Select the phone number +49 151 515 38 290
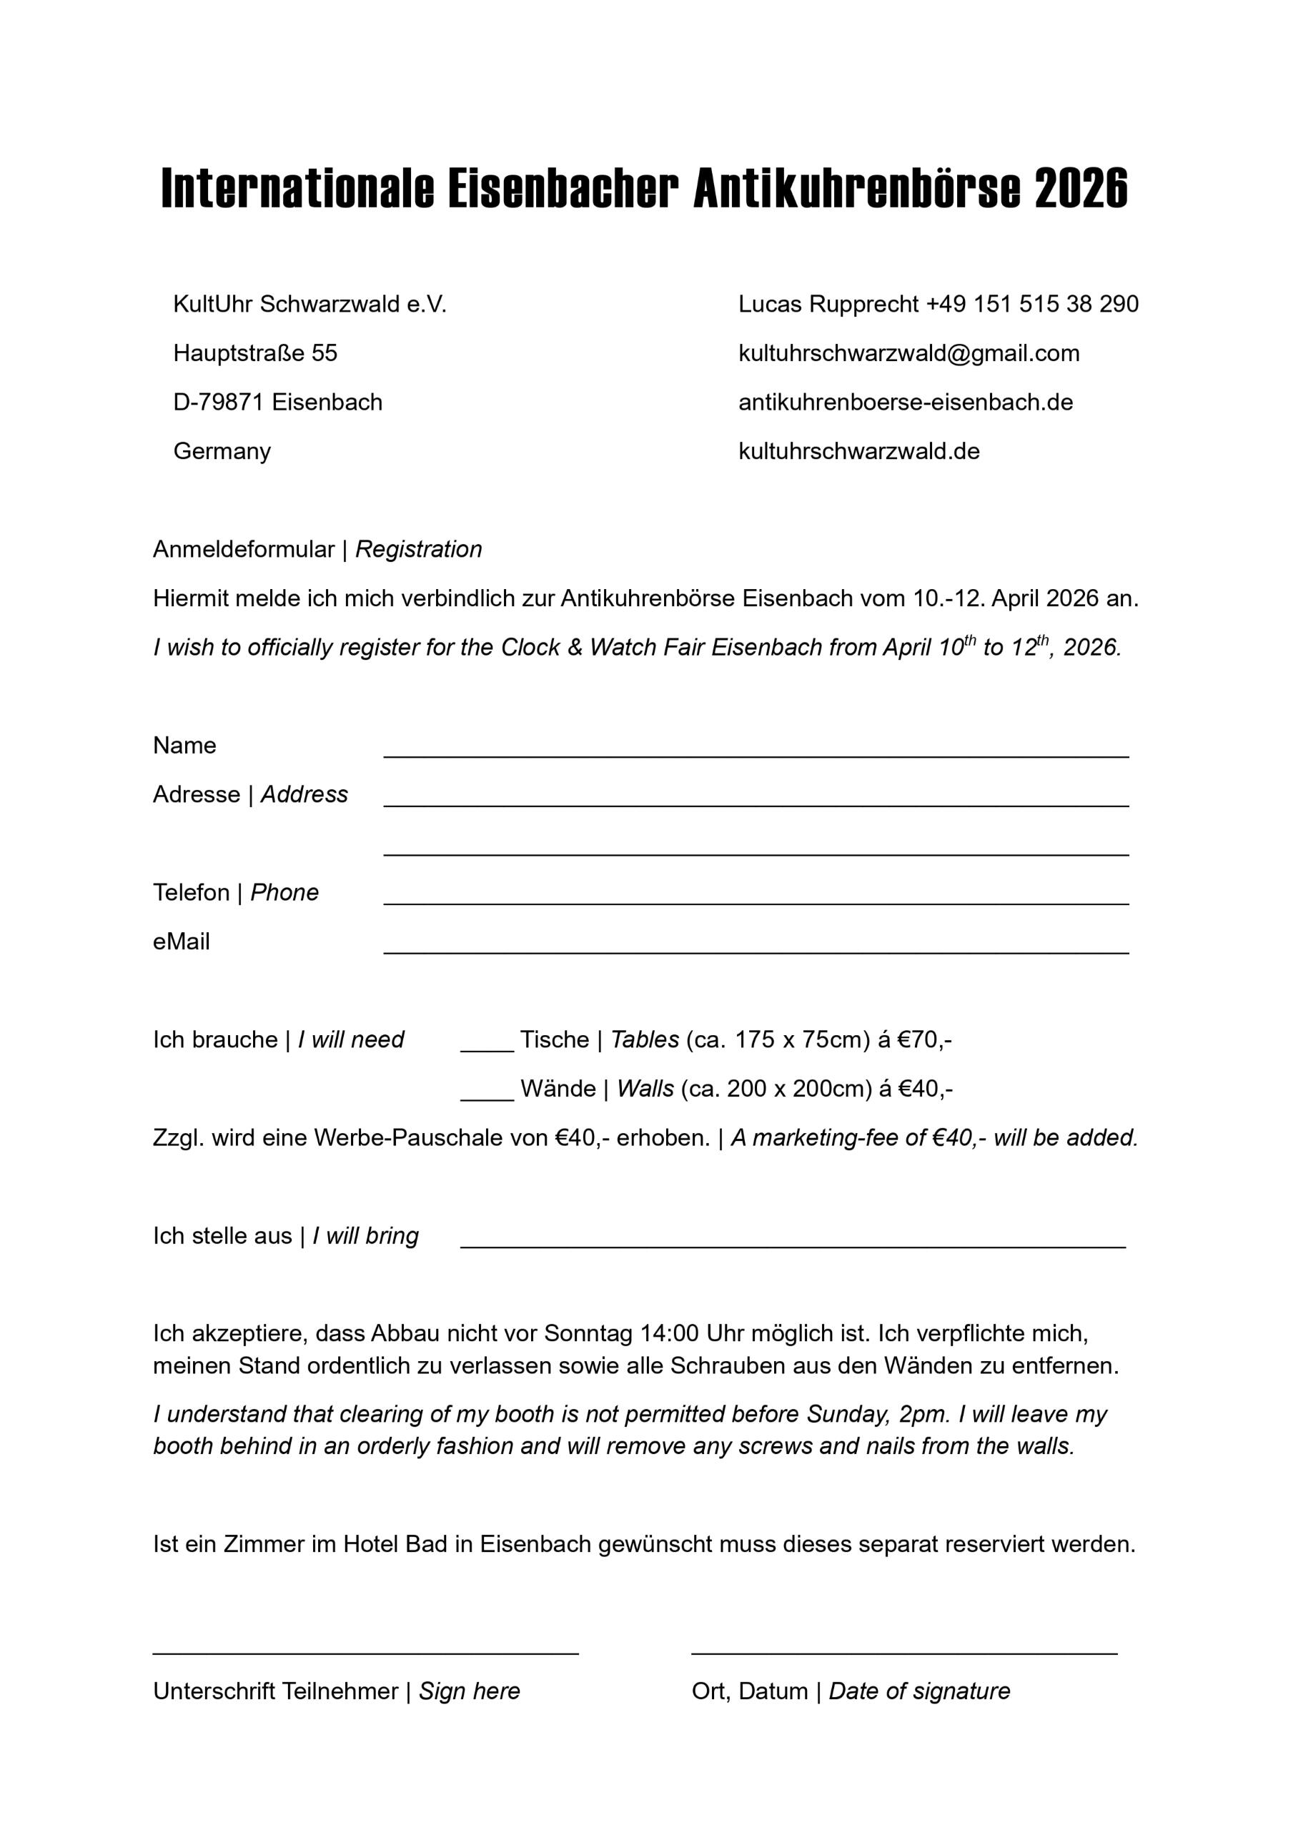1032,304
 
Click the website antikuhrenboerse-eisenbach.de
906,402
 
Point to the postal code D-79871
219,402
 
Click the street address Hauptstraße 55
255,353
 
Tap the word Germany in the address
222,451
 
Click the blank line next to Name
756,749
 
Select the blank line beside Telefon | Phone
756,896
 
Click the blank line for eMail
756,945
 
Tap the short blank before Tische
487,1044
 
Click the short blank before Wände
487,1093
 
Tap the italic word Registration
419,549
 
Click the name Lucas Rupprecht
828,304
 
